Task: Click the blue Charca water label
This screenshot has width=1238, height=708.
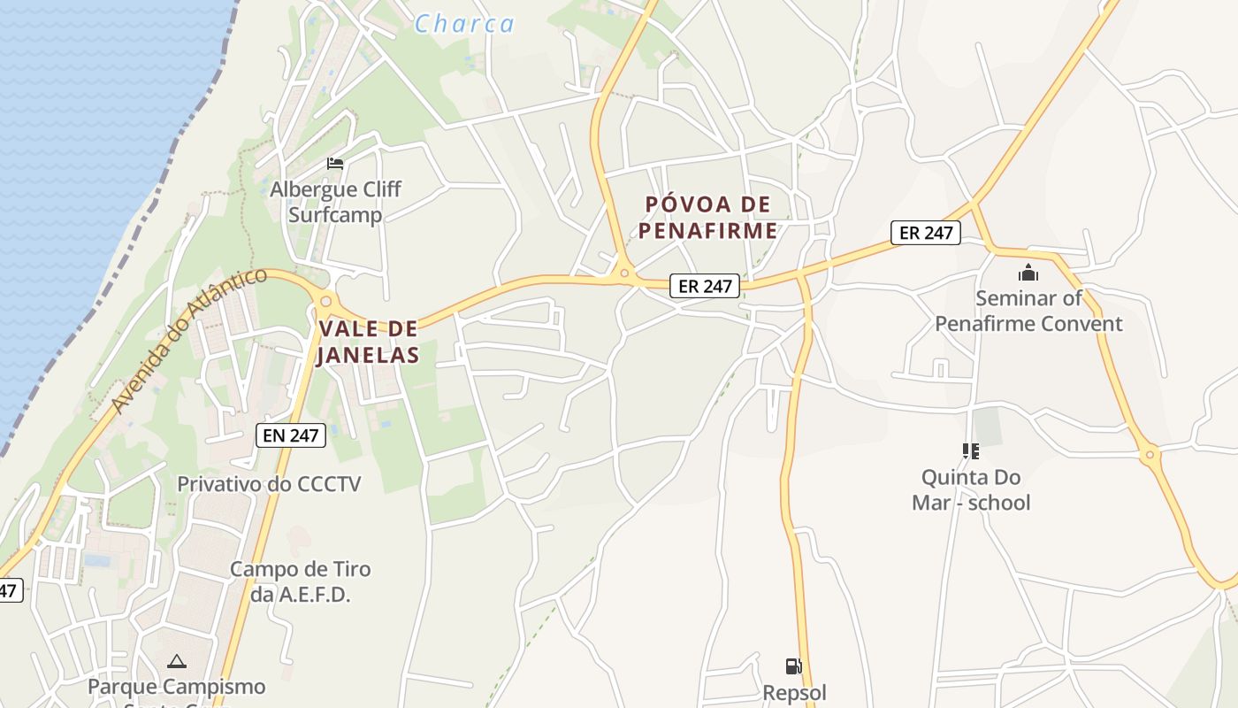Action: coord(464,24)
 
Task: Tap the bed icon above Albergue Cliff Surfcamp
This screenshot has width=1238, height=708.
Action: coord(335,163)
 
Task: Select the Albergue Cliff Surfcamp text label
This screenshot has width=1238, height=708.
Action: coord(335,202)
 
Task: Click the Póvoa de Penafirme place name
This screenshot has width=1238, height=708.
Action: coord(709,218)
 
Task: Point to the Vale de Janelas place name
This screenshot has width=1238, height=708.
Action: coord(368,342)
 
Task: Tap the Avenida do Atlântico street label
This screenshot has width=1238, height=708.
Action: coord(188,341)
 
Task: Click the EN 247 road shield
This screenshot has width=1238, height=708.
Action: coord(291,435)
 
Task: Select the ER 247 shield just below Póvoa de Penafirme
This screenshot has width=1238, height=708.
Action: coord(704,286)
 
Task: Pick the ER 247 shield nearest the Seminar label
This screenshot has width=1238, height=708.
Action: coord(925,233)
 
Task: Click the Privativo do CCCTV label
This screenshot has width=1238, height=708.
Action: coord(269,484)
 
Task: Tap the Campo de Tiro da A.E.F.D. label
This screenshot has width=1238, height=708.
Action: coord(300,581)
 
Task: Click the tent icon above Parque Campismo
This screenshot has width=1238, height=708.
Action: coord(177,661)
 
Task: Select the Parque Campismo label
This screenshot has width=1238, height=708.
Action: coord(176,687)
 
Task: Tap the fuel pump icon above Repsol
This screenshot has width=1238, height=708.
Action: coord(794,666)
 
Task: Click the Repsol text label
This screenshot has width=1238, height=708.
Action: coord(794,691)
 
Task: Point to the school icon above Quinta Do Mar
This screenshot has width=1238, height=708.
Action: coord(971,451)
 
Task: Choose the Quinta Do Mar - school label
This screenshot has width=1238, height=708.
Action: coord(971,489)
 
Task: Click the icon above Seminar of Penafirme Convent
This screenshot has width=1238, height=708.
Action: coord(1028,273)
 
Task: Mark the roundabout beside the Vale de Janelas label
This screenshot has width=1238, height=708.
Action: coord(325,302)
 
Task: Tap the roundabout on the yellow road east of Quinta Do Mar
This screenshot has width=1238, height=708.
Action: coord(1150,456)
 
